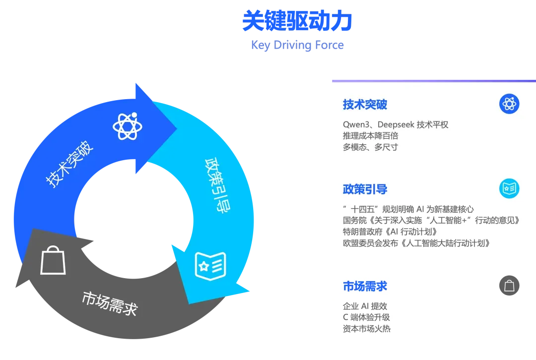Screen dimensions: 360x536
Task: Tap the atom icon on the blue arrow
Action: point(128,126)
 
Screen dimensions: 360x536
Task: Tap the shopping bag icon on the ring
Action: point(53,261)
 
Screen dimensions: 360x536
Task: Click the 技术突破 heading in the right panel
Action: point(365,105)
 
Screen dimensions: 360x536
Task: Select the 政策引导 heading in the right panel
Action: point(365,189)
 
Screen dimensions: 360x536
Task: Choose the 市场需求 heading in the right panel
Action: point(365,286)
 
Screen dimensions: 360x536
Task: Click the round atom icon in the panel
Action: point(509,104)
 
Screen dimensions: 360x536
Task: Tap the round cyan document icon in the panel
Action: point(509,188)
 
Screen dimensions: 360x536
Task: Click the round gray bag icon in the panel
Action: point(509,286)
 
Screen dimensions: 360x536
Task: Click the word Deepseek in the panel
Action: point(395,124)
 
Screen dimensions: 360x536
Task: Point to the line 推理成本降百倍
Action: point(370,136)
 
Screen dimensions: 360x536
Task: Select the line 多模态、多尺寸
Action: point(370,147)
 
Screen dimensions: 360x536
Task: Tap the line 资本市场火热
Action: point(366,329)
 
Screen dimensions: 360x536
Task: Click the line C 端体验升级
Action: point(366,317)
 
